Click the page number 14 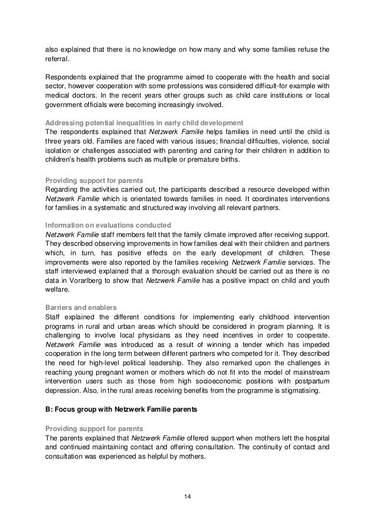pos(187,497)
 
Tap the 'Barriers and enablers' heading pos(81,307)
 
